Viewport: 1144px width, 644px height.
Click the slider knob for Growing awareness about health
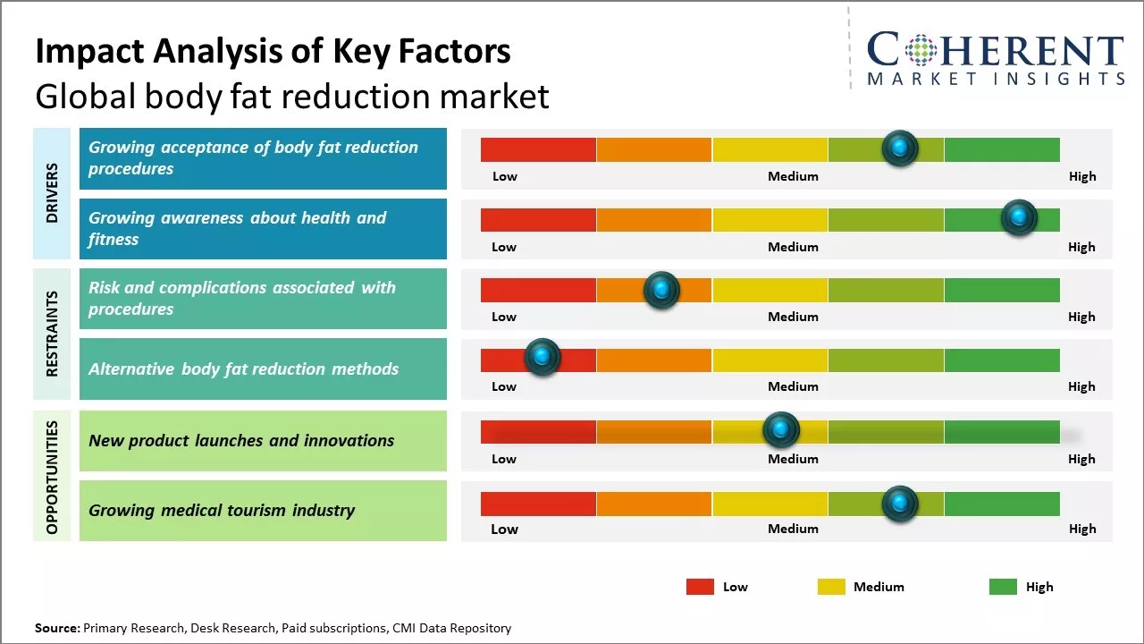coord(1019,217)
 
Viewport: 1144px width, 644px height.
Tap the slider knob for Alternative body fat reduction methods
coord(542,357)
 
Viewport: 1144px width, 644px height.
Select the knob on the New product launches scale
coord(781,430)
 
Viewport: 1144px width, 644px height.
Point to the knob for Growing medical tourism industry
coord(900,504)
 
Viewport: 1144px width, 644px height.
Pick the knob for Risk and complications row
coord(661,290)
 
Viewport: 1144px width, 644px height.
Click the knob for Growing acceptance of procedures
coord(900,148)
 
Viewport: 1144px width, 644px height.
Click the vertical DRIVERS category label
coord(52,192)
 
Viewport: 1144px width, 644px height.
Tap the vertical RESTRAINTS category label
coord(52,333)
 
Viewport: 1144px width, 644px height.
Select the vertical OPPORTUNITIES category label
coord(52,477)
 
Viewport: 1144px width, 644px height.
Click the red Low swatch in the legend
coord(700,587)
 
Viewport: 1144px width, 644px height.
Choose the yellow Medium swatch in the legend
coord(831,587)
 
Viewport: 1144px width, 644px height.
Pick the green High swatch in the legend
coord(1003,587)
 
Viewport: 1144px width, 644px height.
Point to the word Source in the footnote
coord(56,629)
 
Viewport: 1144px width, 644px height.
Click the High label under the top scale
coord(1081,176)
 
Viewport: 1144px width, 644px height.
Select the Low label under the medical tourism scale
coord(504,529)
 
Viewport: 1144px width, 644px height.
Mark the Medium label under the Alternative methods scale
coord(793,386)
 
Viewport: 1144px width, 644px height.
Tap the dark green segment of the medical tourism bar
coord(1001,504)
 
